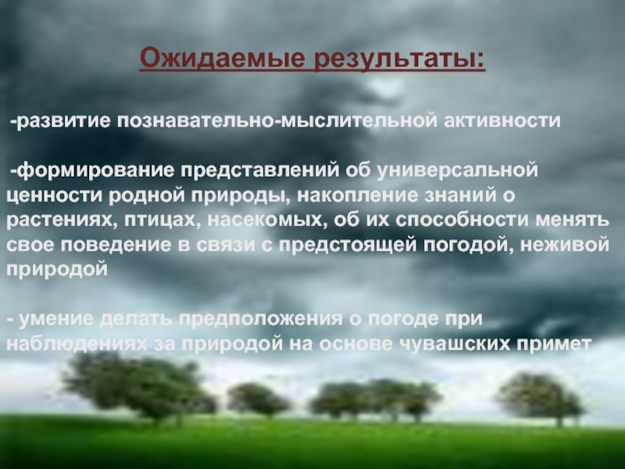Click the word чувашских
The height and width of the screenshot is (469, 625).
click(455, 344)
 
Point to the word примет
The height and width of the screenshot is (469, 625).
click(552, 344)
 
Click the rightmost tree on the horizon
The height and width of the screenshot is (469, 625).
click(540, 395)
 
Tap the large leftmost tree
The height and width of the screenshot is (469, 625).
click(133, 383)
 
